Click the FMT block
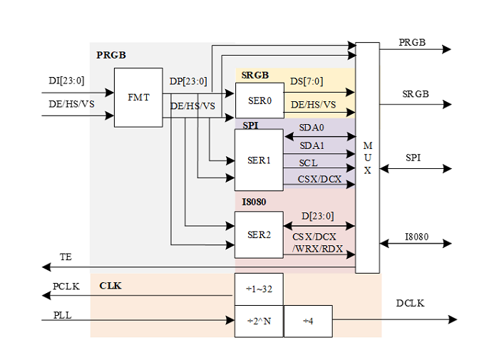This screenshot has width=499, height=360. (x=138, y=98)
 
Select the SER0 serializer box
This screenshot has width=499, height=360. (x=259, y=101)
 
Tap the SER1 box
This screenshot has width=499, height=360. (x=259, y=160)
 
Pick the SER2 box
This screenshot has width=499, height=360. (x=259, y=234)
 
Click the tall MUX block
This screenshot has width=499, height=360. (x=367, y=158)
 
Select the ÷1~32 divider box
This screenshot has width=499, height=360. (x=259, y=289)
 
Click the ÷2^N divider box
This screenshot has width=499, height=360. (x=259, y=321)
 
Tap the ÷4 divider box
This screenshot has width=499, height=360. (x=307, y=321)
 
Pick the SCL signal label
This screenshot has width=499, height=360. (x=308, y=163)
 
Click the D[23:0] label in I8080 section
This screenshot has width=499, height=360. (x=317, y=216)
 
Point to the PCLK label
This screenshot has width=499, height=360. (x=67, y=286)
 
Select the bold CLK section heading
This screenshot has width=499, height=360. (x=110, y=286)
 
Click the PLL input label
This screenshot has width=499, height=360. (x=63, y=314)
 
